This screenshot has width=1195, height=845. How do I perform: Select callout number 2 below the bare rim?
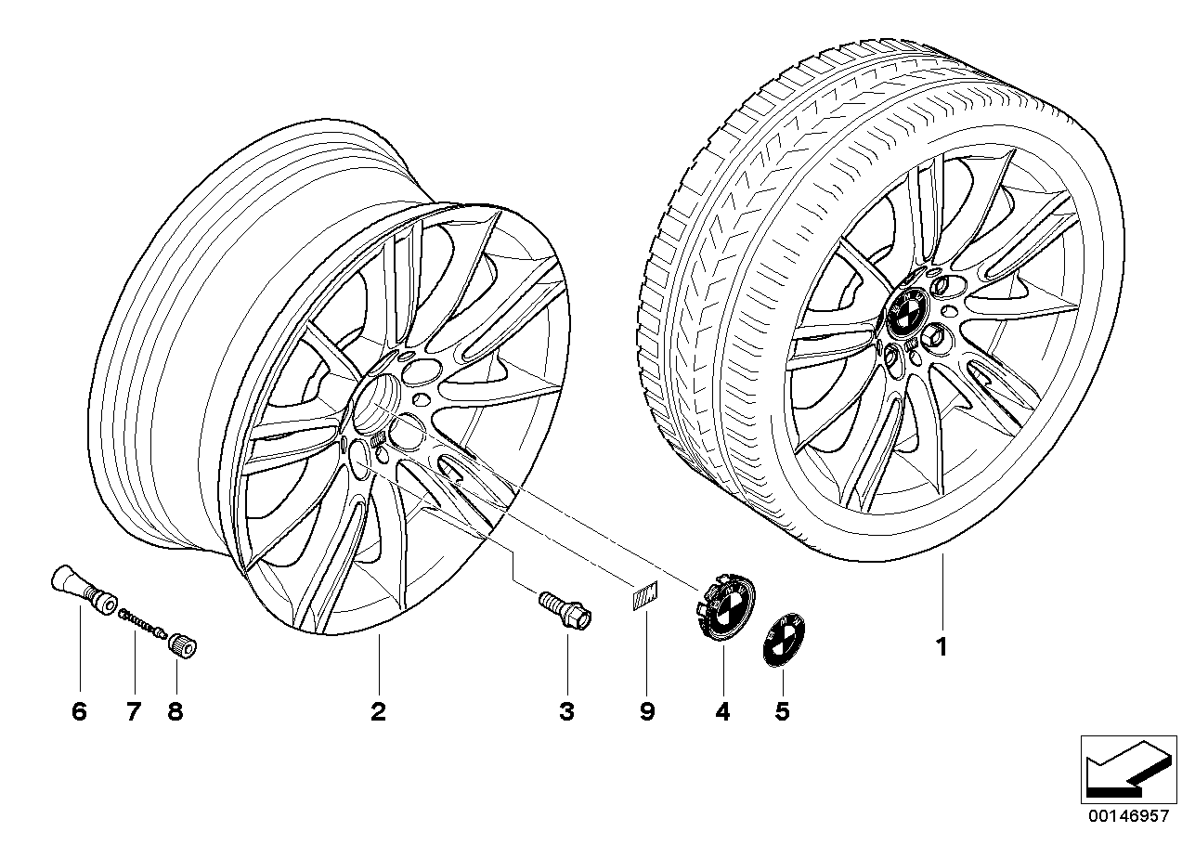378,712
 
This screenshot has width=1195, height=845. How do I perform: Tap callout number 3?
566,712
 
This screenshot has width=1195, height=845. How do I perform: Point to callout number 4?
722,712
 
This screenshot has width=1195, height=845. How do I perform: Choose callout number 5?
782,712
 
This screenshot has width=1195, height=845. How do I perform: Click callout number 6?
78,712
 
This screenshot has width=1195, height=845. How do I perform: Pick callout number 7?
133,712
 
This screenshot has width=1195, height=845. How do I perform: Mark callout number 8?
175,712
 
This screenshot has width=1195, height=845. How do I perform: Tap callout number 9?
646,712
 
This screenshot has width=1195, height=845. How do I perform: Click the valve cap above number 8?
180,642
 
